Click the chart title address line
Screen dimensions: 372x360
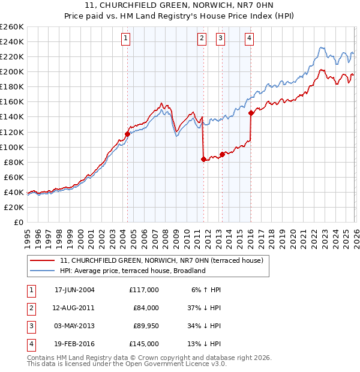(x=180, y=5)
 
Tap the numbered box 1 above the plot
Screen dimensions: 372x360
(x=126, y=39)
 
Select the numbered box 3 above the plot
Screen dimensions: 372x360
(x=221, y=39)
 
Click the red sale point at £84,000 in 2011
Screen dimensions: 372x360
(x=203, y=159)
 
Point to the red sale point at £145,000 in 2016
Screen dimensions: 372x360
(x=251, y=113)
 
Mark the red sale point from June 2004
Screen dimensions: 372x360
(x=127, y=134)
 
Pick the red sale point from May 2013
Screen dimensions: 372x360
(x=222, y=154)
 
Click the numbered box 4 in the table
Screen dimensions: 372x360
(x=30, y=344)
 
